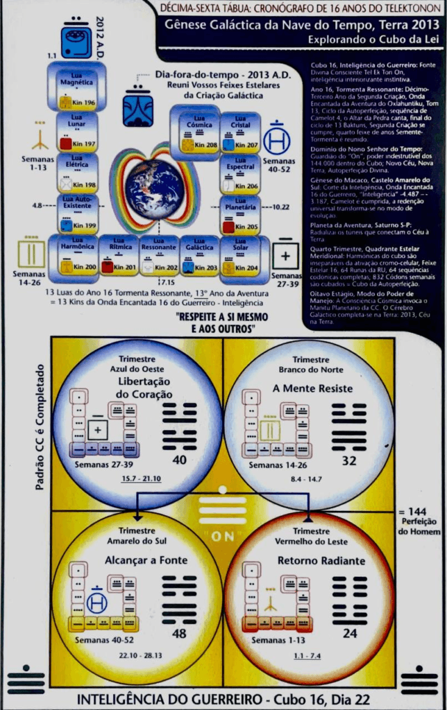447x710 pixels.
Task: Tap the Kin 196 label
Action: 83,103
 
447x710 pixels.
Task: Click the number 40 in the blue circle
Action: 180,460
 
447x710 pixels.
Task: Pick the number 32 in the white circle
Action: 349,460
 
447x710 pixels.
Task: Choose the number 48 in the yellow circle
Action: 180,634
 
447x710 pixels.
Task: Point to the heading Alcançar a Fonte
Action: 137,560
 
